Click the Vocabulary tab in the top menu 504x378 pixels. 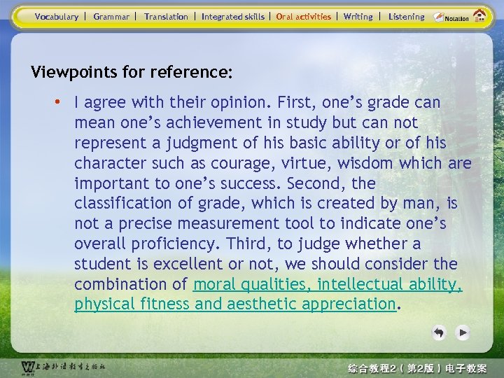click(57, 16)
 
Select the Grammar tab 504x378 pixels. click(111, 16)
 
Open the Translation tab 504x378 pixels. click(166, 16)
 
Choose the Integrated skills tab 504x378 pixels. click(233, 16)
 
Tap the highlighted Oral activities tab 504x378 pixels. click(304, 16)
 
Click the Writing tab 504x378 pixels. click(358, 16)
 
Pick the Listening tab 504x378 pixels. click(406, 16)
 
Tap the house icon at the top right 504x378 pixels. click(480, 15)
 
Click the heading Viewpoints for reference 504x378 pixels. click(132, 72)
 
